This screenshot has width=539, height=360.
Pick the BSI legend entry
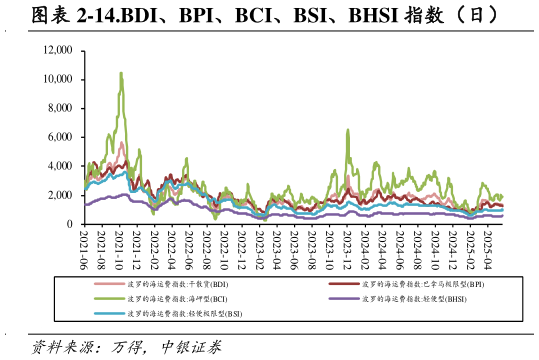point(184,313)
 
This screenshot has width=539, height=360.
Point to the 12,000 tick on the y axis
point(59,50)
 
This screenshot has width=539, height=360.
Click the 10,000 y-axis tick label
point(59,79)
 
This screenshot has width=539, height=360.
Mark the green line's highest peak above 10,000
point(121,73)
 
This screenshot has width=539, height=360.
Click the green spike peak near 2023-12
point(347,130)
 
